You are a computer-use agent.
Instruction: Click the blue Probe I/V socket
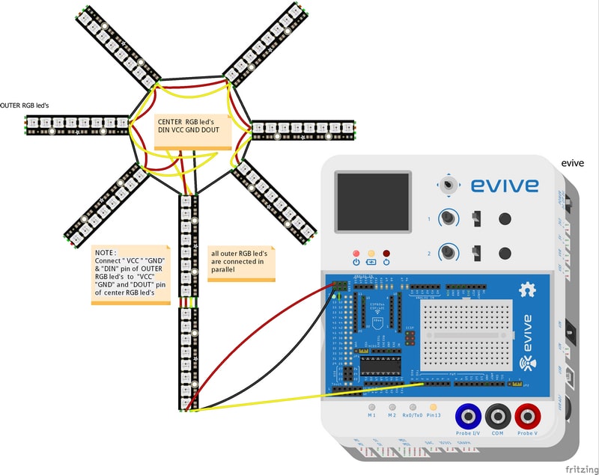click(468, 415)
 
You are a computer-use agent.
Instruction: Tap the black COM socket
click(497, 415)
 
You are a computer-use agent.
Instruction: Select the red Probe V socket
click(527, 415)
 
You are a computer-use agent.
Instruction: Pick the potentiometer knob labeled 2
click(448, 252)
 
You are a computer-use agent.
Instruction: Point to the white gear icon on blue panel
click(529, 288)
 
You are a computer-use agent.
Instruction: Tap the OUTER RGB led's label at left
click(25, 105)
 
